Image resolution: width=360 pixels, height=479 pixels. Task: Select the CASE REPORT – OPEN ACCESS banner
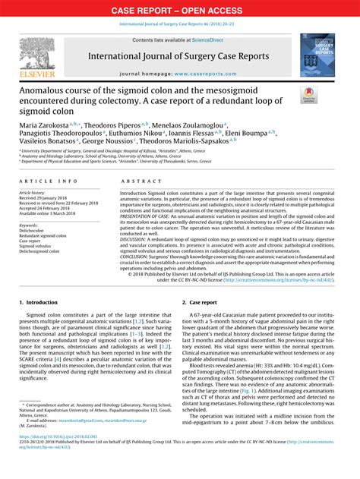[179, 11]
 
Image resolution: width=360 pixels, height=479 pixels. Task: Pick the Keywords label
[30, 225]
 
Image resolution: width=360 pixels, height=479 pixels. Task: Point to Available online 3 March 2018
[50, 214]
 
